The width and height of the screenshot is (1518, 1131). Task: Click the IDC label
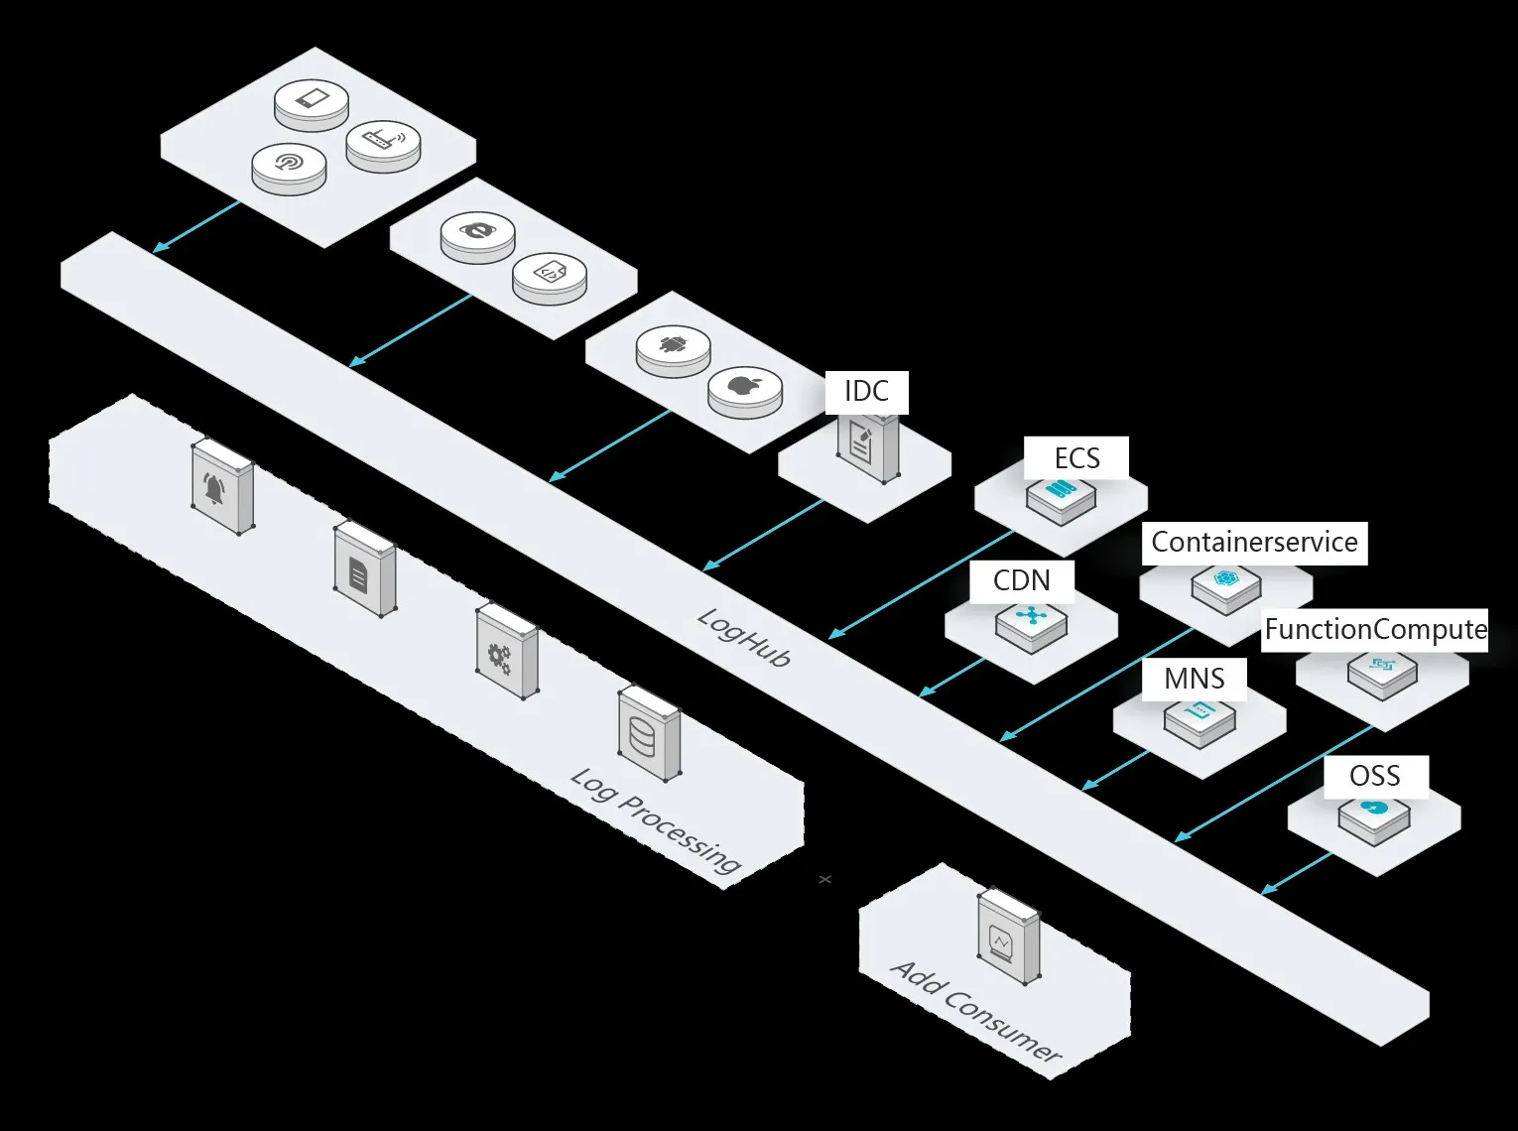(866, 392)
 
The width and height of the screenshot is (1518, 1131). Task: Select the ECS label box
(1076, 458)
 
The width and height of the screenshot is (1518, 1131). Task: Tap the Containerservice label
(1254, 543)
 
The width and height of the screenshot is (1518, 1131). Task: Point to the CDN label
(1021, 580)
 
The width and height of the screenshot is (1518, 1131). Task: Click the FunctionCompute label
(1375, 630)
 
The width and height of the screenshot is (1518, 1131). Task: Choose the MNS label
(1194, 680)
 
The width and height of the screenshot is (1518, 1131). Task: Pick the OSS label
(1375, 776)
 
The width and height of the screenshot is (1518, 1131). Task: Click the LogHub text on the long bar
(744, 637)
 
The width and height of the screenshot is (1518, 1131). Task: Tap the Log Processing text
(656, 819)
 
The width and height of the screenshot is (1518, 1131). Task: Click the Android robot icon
(674, 346)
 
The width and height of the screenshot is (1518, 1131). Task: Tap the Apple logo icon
(744, 386)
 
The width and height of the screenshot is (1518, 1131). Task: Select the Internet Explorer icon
(478, 232)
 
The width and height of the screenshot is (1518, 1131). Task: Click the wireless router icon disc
(383, 141)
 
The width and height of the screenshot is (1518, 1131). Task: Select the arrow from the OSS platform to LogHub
(1298, 873)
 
